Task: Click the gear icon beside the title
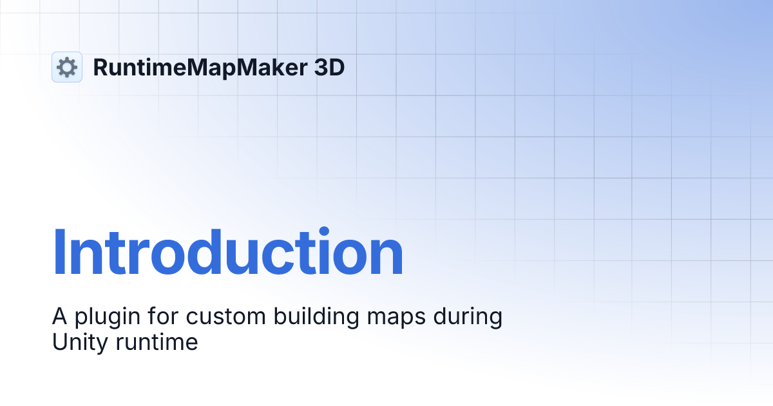tap(67, 67)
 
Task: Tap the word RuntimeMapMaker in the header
tap(200, 67)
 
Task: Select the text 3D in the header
tap(329, 67)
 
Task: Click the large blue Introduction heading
tap(227, 253)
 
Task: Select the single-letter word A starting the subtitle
tap(59, 317)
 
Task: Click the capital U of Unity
tap(59, 342)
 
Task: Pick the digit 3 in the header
tap(321, 67)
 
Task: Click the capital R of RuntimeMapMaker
tap(100, 67)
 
